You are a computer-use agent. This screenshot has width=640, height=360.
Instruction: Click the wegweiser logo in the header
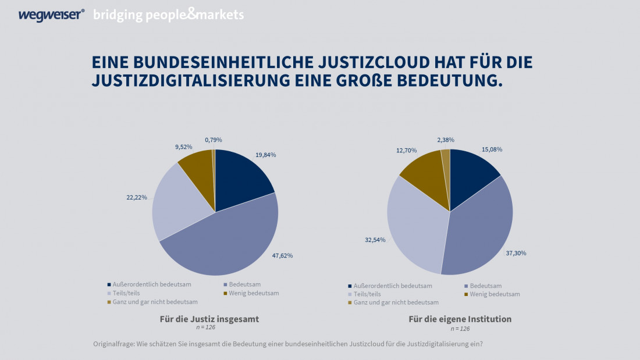[x=51, y=15]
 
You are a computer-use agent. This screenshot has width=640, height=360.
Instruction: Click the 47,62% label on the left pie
[x=282, y=255]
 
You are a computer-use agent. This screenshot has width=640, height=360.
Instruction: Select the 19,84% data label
[x=265, y=155]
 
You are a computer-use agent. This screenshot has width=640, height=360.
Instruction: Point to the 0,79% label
[x=214, y=140]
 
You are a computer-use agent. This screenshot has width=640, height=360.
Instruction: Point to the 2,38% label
[x=446, y=140]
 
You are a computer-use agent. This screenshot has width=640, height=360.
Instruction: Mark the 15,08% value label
[x=492, y=149]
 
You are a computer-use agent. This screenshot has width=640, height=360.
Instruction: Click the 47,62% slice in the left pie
[x=227, y=244]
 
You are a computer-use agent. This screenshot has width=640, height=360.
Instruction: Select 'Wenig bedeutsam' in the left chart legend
[x=253, y=293]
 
